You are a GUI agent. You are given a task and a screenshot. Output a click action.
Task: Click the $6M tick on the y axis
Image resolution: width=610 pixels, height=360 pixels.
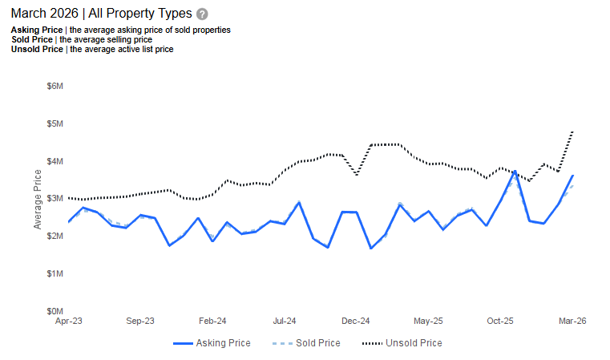point(54,86)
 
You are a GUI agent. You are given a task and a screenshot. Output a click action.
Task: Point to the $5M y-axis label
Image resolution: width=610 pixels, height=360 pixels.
point(54,123)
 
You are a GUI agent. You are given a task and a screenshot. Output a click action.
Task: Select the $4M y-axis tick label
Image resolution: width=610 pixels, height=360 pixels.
point(54,161)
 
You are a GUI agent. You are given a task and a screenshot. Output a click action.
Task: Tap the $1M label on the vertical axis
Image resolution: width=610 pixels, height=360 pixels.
point(54,273)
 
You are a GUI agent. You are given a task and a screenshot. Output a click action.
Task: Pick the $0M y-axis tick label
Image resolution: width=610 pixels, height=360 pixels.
point(54,311)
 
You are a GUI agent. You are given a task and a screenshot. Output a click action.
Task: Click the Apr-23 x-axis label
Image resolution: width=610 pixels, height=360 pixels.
point(68,321)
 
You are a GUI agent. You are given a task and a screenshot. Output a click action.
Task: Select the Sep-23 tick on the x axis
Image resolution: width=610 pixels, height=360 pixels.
point(140,321)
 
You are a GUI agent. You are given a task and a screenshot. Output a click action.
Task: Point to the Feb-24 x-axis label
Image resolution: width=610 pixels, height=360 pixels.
point(212,321)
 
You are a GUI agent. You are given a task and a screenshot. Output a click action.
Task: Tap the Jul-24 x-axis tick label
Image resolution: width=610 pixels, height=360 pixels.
point(285,321)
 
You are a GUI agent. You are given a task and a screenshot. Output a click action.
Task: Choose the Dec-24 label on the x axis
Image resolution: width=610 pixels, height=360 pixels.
point(356,321)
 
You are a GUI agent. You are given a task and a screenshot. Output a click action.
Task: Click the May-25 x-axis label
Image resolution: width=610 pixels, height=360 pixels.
point(428,321)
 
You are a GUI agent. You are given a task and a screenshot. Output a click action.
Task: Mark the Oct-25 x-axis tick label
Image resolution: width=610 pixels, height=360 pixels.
point(500,321)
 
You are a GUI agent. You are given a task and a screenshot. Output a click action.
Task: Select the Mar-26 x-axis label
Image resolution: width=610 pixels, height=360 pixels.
point(572,321)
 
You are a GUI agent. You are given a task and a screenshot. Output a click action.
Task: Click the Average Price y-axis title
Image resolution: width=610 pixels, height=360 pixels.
point(38,199)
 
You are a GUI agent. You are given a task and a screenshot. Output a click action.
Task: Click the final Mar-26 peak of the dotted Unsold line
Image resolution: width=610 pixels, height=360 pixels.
point(572,131)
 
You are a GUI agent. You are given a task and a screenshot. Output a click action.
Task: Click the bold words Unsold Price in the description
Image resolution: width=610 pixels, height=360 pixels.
point(37,49)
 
